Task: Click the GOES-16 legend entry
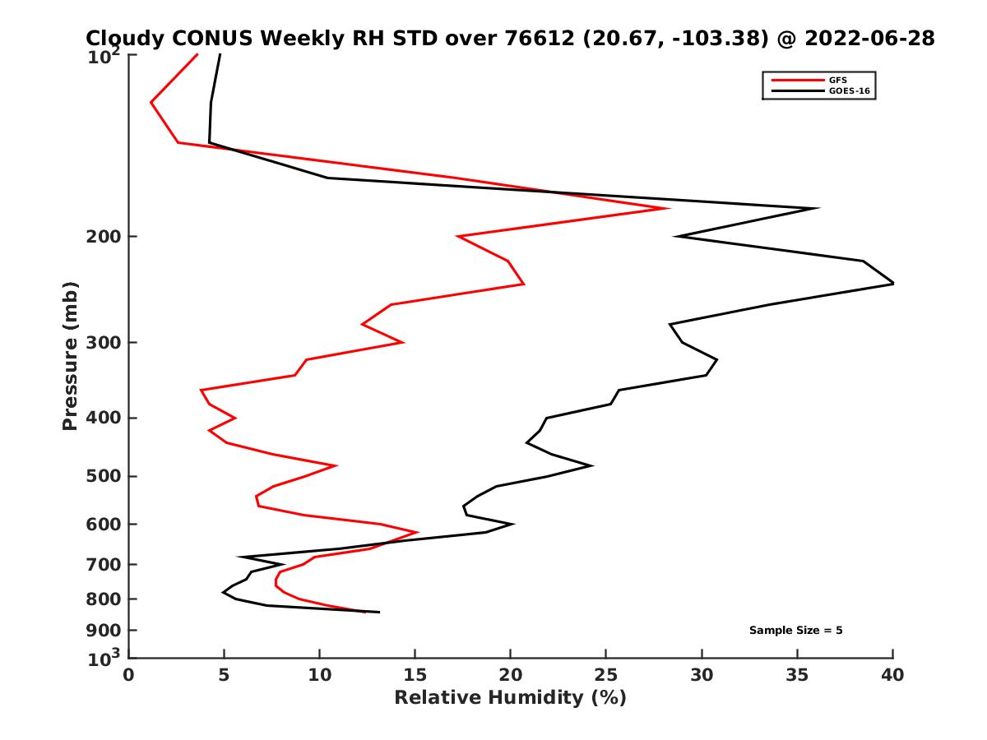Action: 847,90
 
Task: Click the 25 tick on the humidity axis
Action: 606,675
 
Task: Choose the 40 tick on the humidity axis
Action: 892,675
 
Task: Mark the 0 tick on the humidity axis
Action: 129,675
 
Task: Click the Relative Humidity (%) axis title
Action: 510,698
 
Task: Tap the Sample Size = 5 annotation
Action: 795,631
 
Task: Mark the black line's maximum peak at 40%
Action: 892,284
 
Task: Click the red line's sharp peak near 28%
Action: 668,208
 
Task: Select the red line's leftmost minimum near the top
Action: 151,103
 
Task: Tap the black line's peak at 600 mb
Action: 513,524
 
